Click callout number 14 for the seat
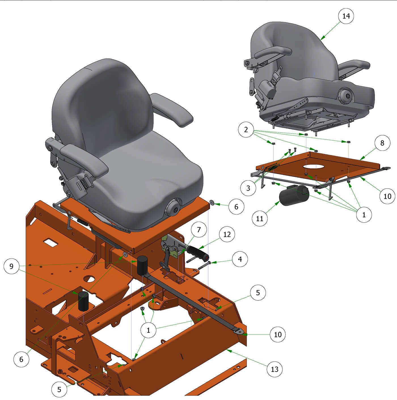click(346, 16)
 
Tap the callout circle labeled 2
click(246, 130)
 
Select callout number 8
click(382, 143)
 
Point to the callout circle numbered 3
click(248, 188)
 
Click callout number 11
click(259, 218)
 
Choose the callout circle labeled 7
click(199, 230)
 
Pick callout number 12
click(227, 234)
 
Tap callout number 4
click(240, 259)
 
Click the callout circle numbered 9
click(12, 266)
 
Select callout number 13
click(274, 369)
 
